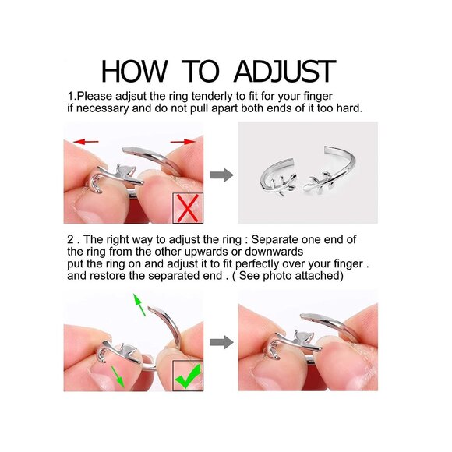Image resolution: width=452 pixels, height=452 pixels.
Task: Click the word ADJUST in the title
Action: coord(284,71)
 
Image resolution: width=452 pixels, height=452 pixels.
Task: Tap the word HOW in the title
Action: coord(134,71)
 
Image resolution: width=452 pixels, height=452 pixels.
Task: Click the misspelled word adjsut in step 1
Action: coord(131,97)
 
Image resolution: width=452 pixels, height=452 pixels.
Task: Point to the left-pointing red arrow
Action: coord(86,142)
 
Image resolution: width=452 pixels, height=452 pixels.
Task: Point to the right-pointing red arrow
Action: coord(183,142)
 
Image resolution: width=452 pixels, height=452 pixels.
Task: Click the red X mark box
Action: coord(188,208)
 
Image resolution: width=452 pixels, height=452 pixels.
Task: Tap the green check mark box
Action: coord(188,376)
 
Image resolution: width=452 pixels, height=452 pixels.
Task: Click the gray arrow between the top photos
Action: coord(221,175)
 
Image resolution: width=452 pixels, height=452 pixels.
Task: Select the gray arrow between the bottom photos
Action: coord(221,342)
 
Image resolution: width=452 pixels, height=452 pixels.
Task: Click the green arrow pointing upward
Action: coord(139,305)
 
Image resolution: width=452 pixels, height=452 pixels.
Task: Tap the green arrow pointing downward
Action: coord(118,376)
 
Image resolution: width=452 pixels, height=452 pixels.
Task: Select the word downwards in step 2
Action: coord(274,252)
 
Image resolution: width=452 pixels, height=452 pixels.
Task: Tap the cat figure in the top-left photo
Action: coord(124,173)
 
